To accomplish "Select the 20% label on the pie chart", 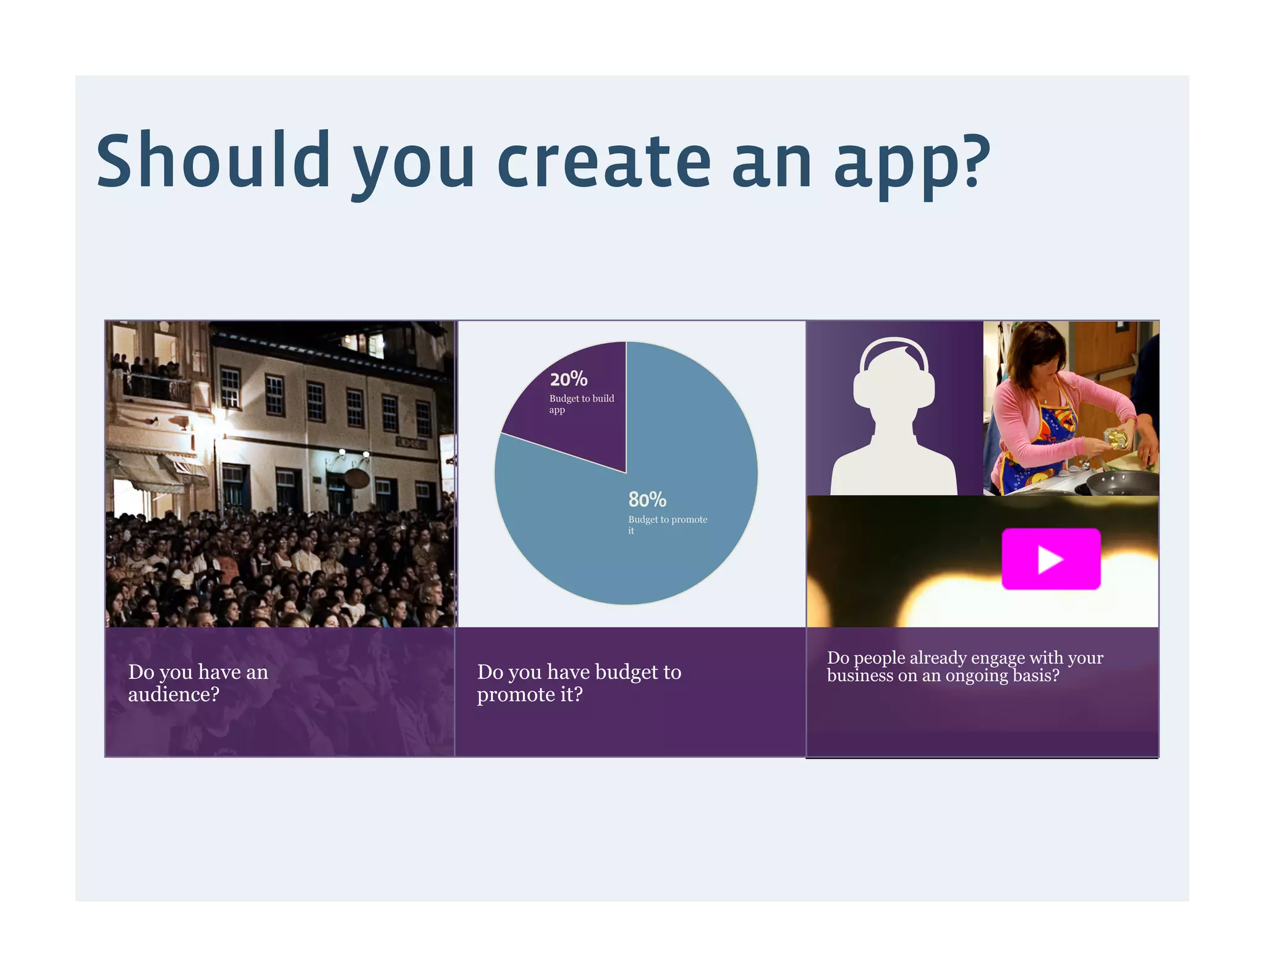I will (x=569, y=379).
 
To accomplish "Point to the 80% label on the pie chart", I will (x=647, y=499).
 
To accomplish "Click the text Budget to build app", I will (x=581, y=404).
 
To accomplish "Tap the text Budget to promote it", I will (x=667, y=524).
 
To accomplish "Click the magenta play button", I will (x=1051, y=558).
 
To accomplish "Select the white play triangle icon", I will (x=1049, y=559).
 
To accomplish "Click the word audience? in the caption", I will (x=174, y=694).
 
